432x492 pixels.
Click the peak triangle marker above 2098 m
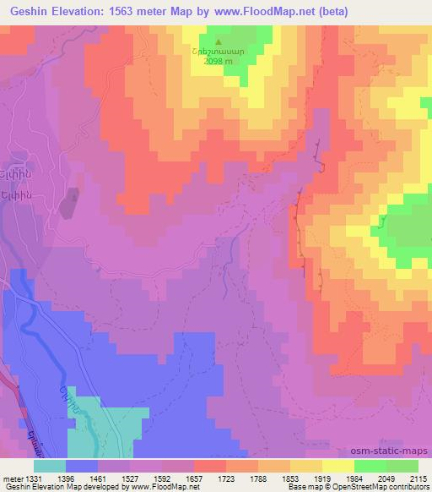tap(219, 40)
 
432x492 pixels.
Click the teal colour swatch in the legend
tap(50, 467)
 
